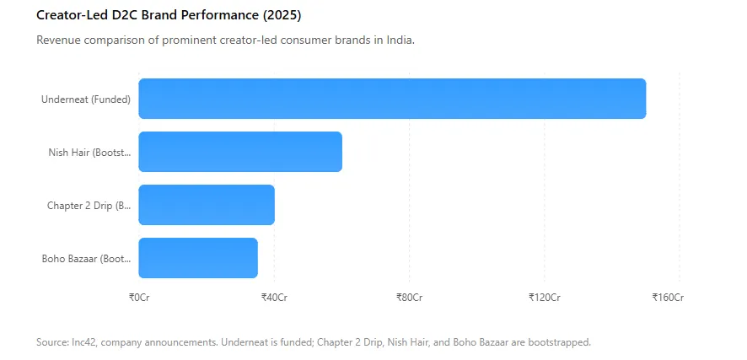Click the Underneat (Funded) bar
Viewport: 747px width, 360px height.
392,99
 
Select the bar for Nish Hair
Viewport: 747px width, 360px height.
240,152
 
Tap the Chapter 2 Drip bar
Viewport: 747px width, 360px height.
207,205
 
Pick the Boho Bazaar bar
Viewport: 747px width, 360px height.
198,258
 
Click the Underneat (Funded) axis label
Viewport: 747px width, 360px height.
86,99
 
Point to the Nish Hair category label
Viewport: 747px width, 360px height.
89,153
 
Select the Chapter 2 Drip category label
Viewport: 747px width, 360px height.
89,206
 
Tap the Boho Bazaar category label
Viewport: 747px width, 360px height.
86,259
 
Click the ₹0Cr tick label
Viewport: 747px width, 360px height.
139,298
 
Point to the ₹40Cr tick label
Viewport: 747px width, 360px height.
274,298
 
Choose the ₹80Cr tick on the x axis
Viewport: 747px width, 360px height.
410,298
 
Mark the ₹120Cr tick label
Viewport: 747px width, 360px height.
545,298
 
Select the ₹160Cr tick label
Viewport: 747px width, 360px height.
669,298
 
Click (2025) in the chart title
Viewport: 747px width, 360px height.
282,16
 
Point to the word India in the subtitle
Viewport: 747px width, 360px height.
401,40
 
